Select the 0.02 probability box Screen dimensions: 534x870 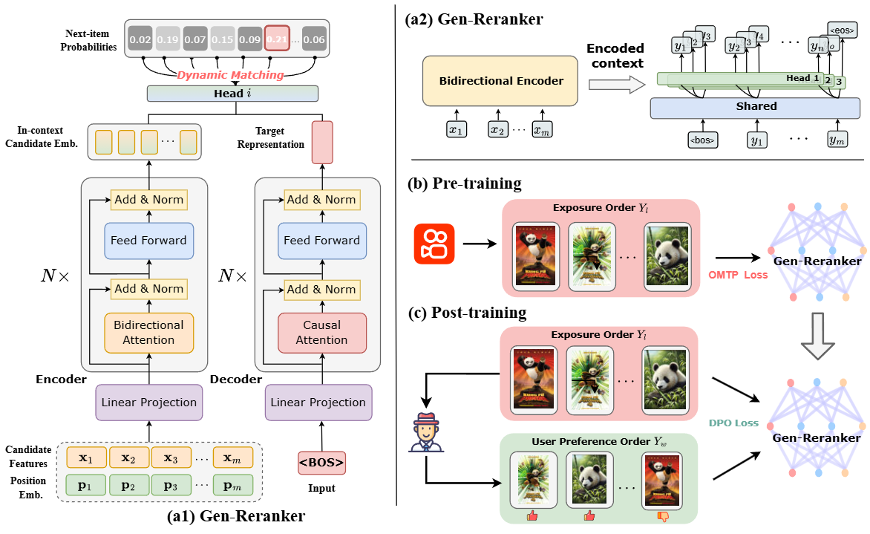coord(141,38)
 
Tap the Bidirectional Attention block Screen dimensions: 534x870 coord(148,333)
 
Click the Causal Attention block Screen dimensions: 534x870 coord(321,333)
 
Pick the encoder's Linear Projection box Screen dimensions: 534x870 coord(148,403)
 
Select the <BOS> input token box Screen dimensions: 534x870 coord(321,463)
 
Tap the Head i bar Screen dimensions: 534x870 coord(233,94)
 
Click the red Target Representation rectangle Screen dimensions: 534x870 coord(321,142)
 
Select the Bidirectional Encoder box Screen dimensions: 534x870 coord(500,80)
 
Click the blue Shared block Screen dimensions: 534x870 coord(756,107)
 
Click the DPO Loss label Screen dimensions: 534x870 coord(733,423)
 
